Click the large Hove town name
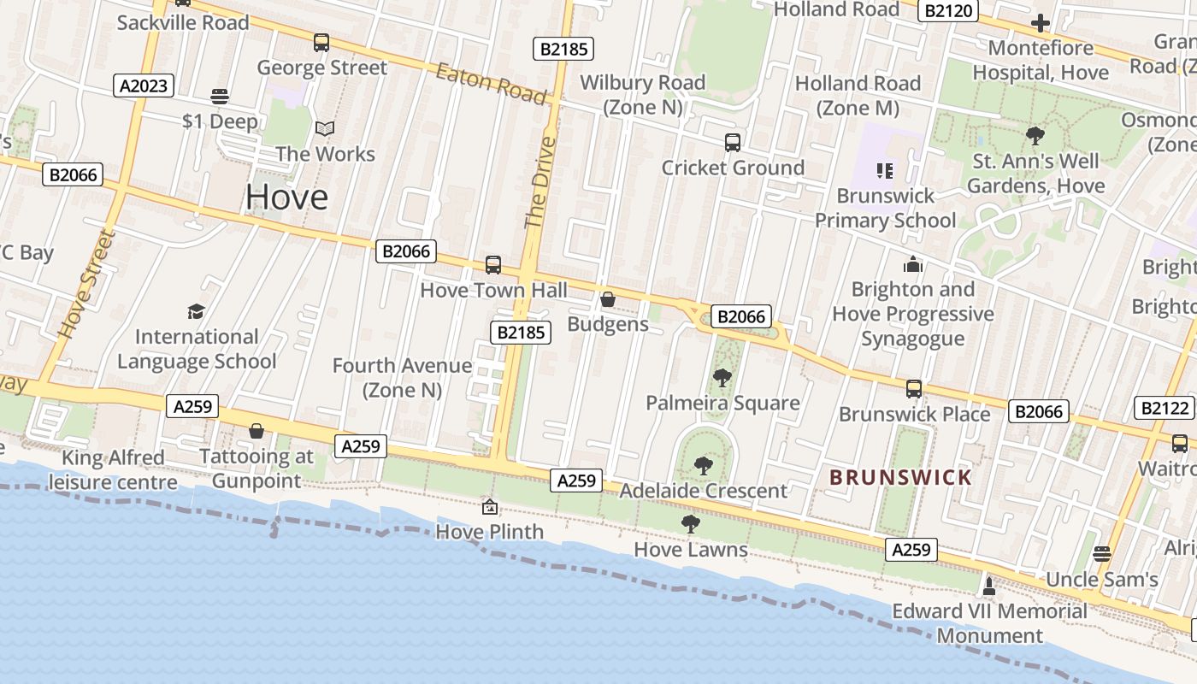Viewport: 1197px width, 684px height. (286, 198)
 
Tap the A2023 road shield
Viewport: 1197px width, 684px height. (144, 85)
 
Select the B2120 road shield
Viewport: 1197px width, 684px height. (947, 11)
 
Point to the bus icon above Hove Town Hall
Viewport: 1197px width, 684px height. (492, 265)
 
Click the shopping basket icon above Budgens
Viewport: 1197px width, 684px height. (608, 299)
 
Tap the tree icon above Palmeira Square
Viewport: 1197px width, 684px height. (722, 377)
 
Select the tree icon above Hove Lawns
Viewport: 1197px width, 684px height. (690, 524)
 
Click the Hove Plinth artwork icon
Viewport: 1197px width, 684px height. (489, 507)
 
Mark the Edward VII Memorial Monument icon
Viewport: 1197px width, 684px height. (989, 587)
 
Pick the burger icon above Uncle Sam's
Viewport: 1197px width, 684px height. (1102, 554)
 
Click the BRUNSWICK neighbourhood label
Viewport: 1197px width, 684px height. (901, 478)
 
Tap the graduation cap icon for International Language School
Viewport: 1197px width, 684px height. (197, 311)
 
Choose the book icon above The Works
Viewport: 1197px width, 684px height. (324, 129)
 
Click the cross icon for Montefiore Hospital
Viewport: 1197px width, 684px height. (1040, 23)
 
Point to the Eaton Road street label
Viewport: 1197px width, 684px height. (491, 84)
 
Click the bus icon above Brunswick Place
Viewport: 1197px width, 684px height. (913, 389)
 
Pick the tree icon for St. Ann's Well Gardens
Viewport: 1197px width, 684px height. (1035, 135)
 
